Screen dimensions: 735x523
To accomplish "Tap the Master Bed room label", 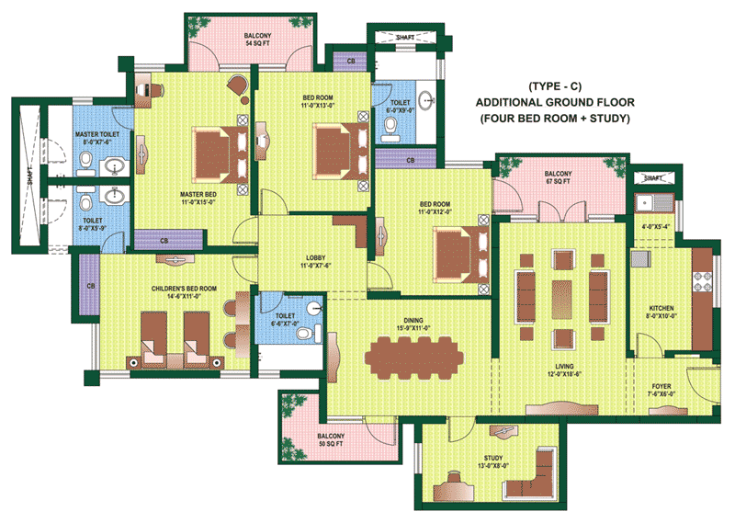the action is [x=198, y=199].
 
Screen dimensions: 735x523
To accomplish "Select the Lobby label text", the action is [x=315, y=262].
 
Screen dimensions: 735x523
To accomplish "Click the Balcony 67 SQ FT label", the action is [x=558, y=177].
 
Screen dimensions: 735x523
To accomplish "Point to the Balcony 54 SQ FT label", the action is [x=257, y=40].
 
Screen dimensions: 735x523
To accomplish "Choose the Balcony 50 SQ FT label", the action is [x=331, y=439].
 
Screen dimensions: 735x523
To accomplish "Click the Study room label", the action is [x=493, y=461].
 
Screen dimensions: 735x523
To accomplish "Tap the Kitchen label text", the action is [x=661, y=312].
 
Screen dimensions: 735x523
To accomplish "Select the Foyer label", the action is [x=661, y=390].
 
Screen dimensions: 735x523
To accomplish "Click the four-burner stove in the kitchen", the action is [x=702, y=281].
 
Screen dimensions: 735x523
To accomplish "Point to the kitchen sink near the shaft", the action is [x=654, y=203].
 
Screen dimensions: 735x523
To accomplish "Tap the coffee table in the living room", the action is [x=561, y=299].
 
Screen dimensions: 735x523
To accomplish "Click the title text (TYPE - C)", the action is [x=555, y=86].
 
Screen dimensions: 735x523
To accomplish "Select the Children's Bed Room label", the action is [x=185, y=291].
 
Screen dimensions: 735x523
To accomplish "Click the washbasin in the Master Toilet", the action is [x=114, y=166].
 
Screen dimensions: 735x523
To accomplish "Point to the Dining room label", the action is [x=413, y=324].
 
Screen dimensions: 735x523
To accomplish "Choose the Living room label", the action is [x=564, y=370].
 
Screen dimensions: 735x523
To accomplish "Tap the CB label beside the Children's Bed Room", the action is [x=91, y=286].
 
